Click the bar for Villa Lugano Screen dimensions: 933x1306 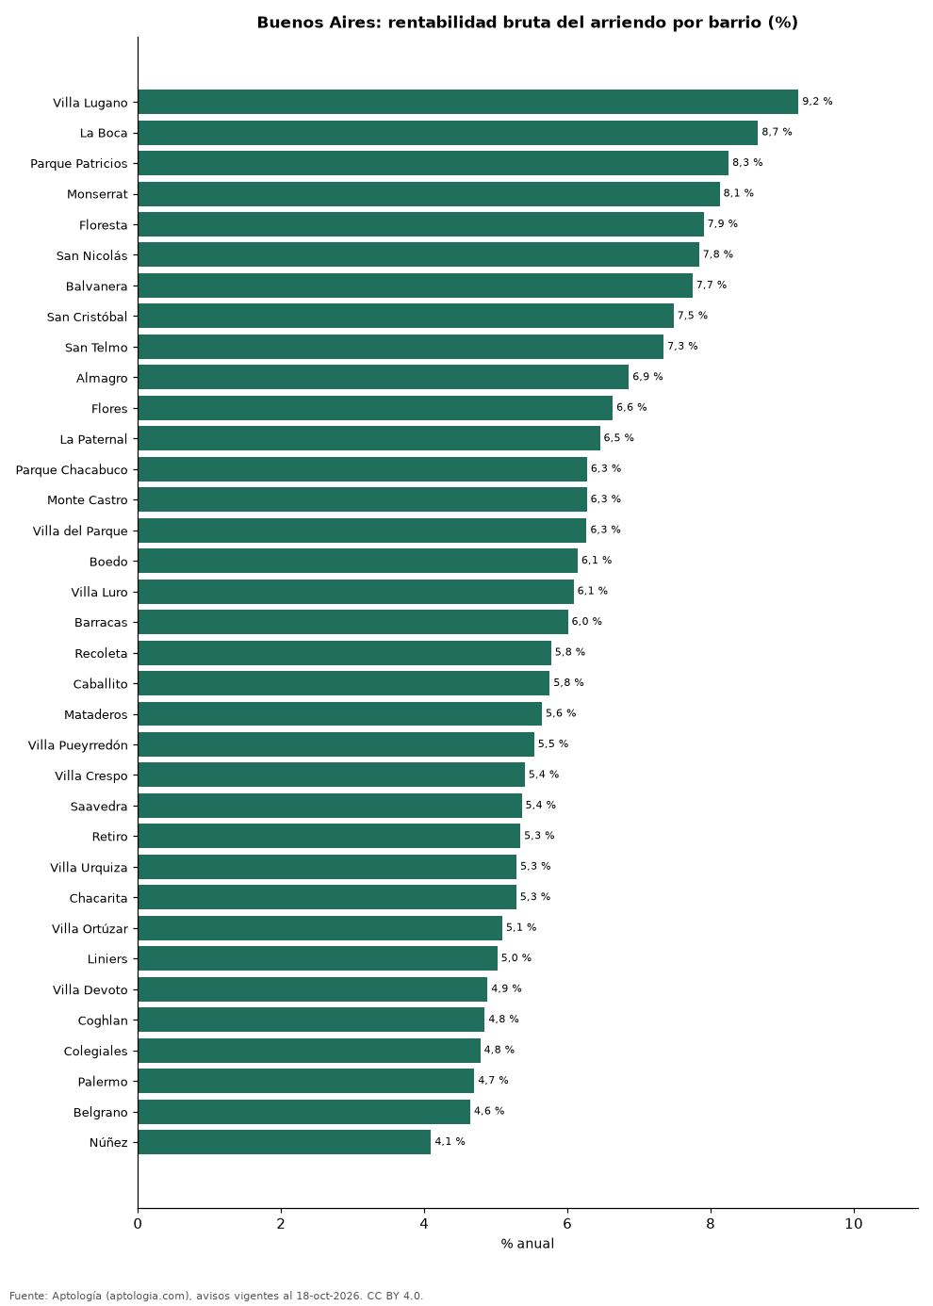467,102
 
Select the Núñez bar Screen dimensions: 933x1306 284,1142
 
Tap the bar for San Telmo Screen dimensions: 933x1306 401,347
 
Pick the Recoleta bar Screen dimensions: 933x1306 345,653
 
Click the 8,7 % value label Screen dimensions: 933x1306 777,132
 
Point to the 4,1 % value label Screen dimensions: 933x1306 450,1141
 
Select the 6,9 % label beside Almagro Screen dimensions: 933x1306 647,377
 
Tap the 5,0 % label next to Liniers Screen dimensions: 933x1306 516,958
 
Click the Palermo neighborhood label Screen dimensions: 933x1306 103,1082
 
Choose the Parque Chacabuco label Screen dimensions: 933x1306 72,470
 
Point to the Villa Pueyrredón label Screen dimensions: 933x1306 77,745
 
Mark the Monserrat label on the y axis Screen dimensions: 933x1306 97,194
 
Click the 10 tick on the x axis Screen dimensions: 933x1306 853,1224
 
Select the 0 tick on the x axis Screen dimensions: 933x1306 138,1224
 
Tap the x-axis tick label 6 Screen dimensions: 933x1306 566,1224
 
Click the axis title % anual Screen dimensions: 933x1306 527,1244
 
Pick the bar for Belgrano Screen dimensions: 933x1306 303,1112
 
